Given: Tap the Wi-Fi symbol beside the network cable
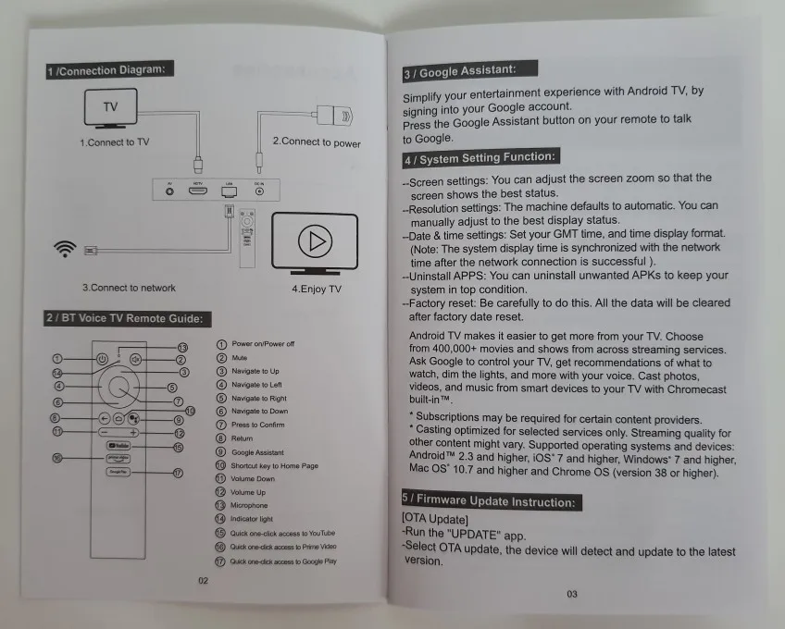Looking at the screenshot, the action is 65,249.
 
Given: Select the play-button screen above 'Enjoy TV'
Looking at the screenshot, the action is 315,243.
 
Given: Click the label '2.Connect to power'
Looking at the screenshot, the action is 317,142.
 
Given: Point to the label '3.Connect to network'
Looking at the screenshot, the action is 129,288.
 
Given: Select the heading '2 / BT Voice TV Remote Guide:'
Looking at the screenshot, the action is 129,319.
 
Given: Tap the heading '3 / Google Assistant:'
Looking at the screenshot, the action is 471,71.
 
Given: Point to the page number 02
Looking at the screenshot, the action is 204,581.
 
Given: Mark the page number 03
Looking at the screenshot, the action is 572,594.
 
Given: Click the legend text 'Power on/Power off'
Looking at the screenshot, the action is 263,344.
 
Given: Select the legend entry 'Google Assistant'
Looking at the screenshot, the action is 257,452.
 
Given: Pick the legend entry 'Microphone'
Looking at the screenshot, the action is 249,506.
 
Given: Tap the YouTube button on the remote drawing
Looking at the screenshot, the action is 118,447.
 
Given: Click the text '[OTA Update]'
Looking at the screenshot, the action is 436,519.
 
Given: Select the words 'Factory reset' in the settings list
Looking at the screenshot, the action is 440,302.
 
